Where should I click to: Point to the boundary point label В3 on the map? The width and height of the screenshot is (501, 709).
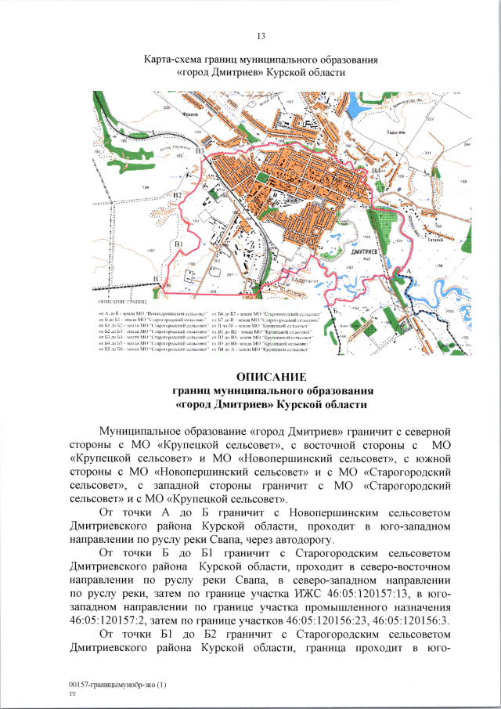point(200,151)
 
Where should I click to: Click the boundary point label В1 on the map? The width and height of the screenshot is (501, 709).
point(178,245)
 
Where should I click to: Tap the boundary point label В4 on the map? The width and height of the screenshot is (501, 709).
point(377,171)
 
